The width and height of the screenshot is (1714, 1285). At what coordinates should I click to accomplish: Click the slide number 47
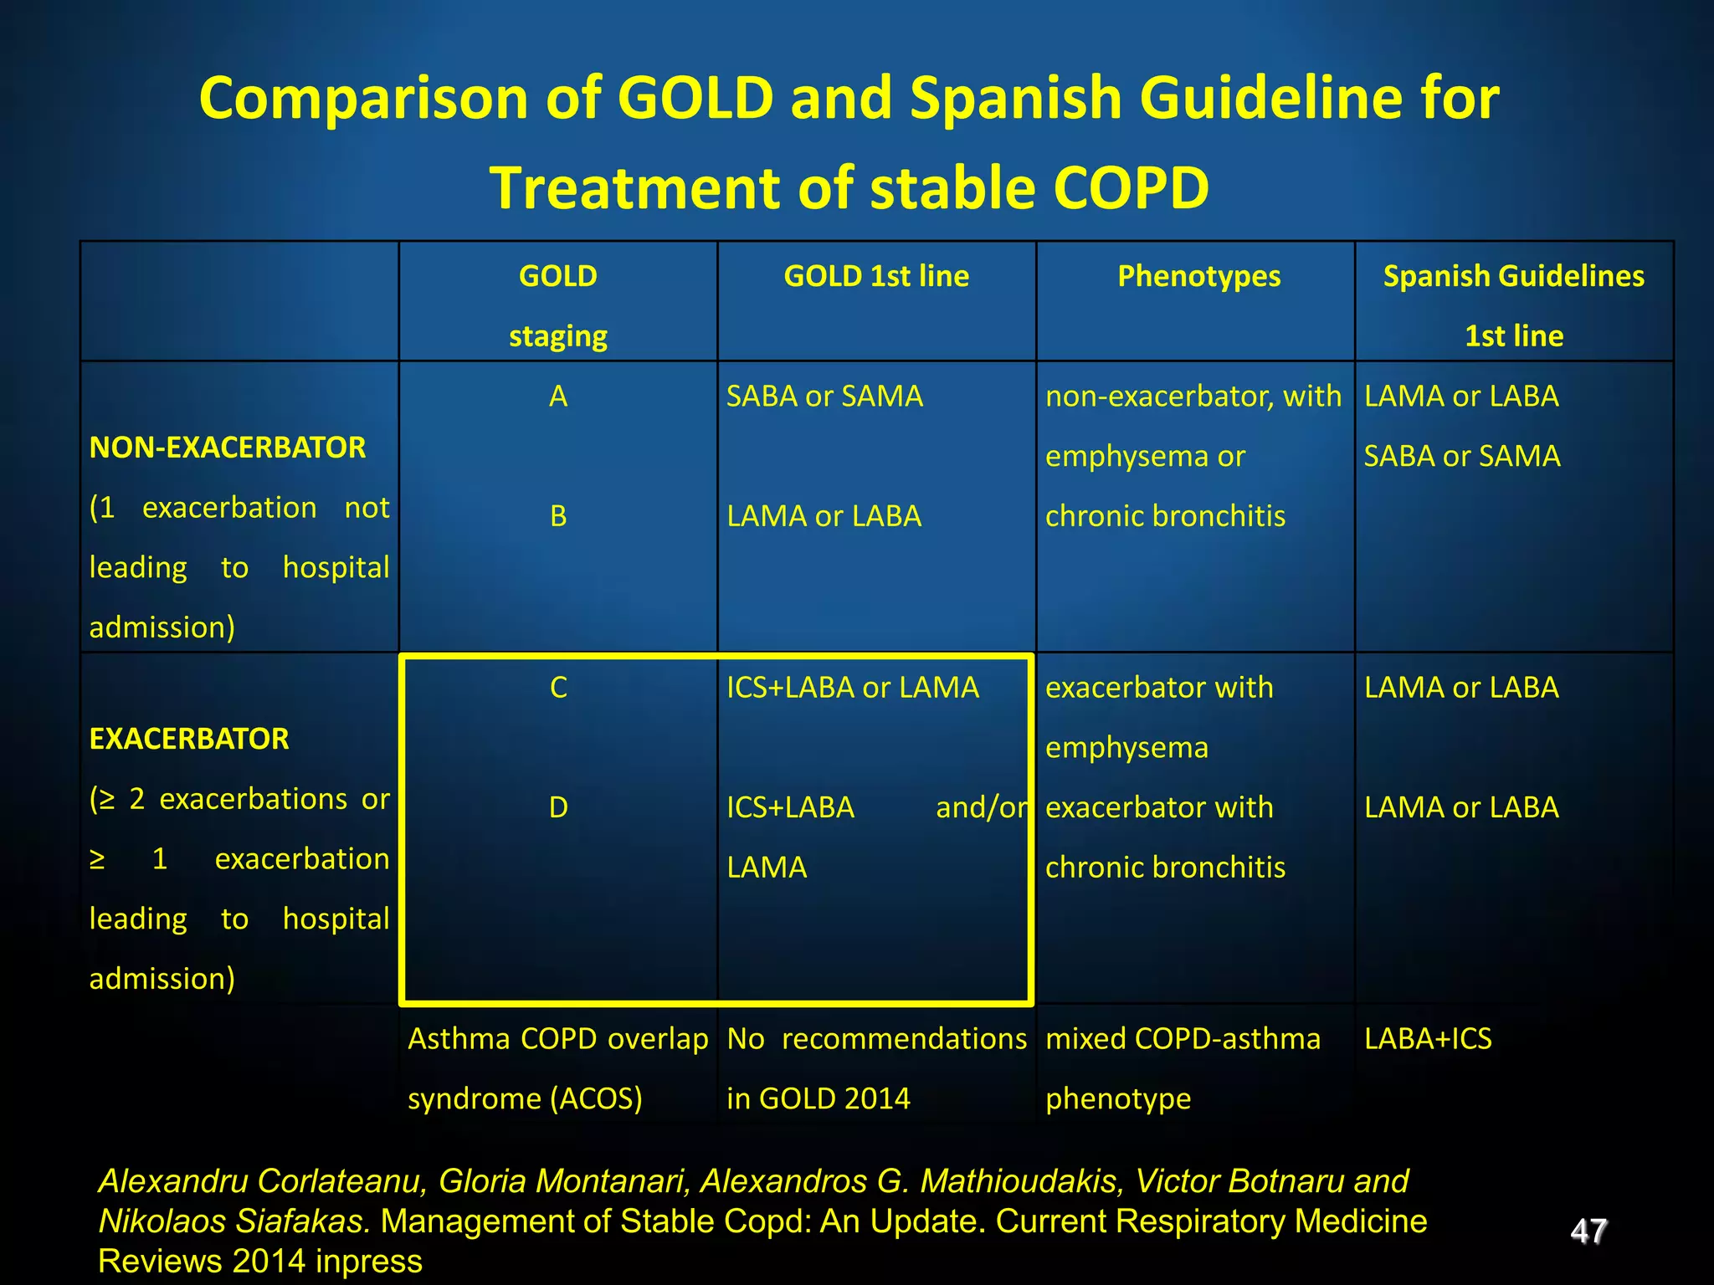tap(1588, 1231)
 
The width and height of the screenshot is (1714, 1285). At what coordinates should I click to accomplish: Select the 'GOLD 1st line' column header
tap(876, 276)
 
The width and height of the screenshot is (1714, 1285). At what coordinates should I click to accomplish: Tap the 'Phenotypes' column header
tap(1198, 276)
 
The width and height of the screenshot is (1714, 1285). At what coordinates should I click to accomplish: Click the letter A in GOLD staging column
tap(558, 397)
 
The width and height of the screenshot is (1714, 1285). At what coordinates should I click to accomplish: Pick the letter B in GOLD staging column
tap(558, 516)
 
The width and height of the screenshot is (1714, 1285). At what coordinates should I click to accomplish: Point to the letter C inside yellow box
tap(558, 688)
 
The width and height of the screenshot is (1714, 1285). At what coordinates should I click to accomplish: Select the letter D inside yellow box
tap(558, 807)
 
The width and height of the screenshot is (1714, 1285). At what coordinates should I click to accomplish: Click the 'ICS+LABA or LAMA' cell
tap(852, 688)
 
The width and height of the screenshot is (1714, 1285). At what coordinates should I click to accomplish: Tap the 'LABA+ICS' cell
tap(1428, 1039)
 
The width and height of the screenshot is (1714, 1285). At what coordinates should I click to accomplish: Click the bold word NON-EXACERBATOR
tap(228, 448)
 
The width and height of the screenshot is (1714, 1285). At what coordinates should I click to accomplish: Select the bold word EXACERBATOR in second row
tap(189, 739)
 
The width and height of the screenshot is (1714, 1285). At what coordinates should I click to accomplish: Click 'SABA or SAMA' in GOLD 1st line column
tap(824, 397)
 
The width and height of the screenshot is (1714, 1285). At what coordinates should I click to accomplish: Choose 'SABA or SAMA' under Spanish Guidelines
tap(1462, 456)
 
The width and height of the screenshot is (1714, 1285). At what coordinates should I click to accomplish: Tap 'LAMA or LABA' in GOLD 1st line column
tap(824, 516)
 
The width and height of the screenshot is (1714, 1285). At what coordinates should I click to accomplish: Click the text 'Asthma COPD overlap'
tap(558, 1039)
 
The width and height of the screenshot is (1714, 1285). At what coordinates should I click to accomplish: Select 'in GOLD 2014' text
tap(818, 1098)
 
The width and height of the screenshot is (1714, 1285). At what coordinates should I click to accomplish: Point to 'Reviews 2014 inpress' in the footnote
tap(260, 1261)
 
